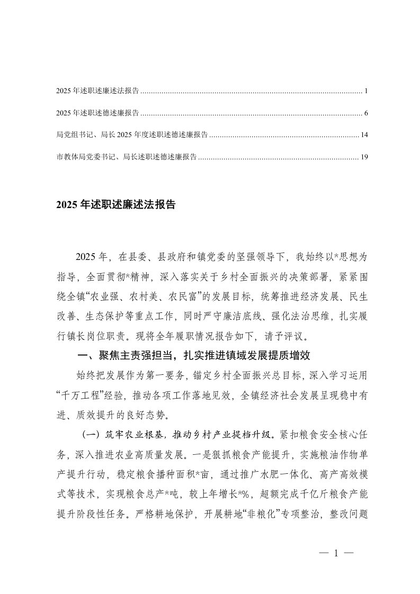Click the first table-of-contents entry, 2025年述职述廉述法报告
point(97,92)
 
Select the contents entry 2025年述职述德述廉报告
point(97,113)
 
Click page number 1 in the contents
point(366,92)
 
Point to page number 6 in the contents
point(366,113)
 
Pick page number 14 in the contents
point(364,135)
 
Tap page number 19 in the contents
point(364,157)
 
